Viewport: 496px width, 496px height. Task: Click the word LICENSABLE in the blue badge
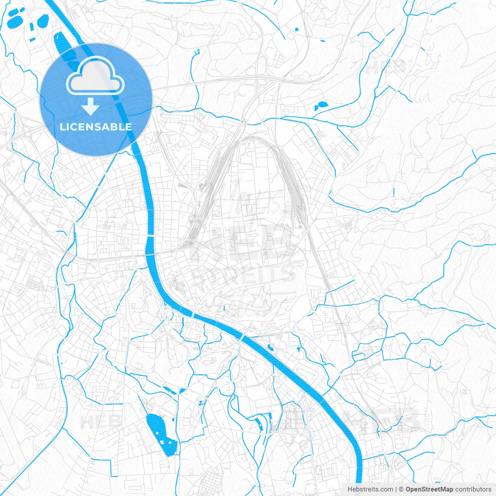[96, 127]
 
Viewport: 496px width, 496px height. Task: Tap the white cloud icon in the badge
[95, 76]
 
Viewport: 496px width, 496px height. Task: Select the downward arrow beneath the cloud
[91, 107]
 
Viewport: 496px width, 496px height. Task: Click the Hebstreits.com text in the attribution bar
[370, 489]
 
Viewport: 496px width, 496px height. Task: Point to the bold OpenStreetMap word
[429, 489]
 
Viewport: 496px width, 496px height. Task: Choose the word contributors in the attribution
[473, 489]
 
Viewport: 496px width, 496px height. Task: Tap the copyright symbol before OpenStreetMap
[401, 489]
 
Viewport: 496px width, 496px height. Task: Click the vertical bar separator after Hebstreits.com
[396, 489]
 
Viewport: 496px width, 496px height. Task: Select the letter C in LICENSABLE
[71, 127]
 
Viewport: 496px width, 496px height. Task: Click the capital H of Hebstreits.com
[350, 489]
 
